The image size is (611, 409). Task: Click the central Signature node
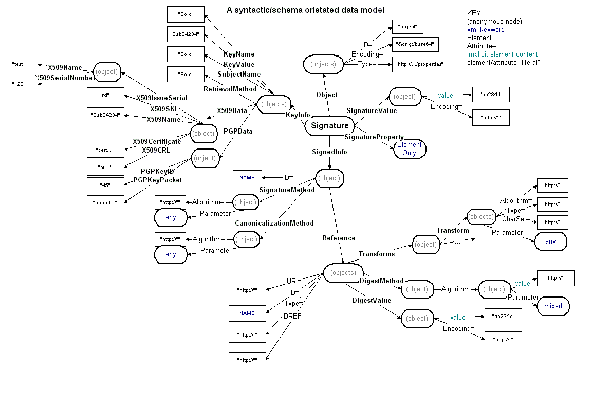click(x=329, y=126)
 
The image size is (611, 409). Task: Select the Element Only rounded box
click(x=410, y=149)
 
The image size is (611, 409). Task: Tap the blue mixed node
click(x=553, y=306)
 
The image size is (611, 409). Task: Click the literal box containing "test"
click(x=19, y=64)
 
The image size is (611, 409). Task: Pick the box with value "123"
click(x=19, y=84)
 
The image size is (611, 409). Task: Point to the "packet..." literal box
click(x=105, y=203)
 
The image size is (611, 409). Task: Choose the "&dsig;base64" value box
click(x=415, y=45)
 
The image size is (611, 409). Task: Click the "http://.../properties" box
click(x=419, y=64)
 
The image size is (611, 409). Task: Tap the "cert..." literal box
click(x=105, y=150)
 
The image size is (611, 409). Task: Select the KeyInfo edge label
click(x=298, y=114)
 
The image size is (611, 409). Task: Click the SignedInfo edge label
click(x=329, y=152)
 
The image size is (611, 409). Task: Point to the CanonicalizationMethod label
click(x=274, y=224)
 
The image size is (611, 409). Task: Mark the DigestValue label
click(x=372, y=300)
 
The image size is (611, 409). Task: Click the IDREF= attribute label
click(x=293, y=316)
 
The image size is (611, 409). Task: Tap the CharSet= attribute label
click(x=515, y=219)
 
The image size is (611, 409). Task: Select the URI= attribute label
click(x=293, y=281)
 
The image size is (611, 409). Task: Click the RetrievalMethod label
click(x=230, y=89)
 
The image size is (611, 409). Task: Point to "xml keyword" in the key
click(x=486, y=30)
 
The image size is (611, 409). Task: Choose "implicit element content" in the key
click(x=502, y=54)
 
